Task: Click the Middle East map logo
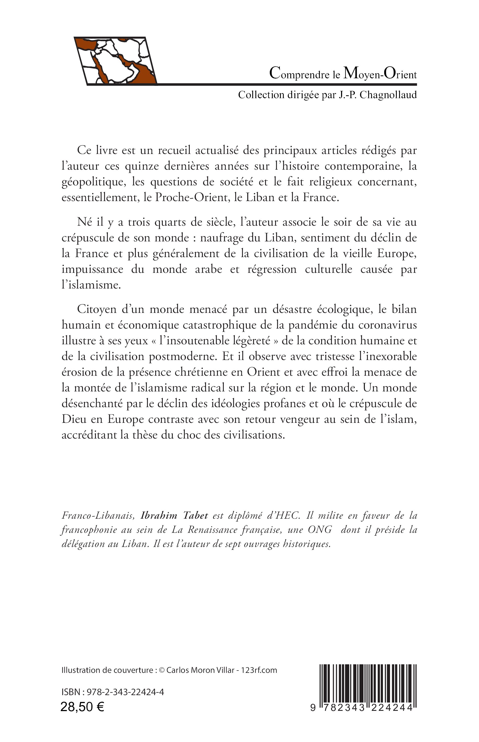tap(115, 61)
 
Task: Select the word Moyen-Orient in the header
tap(380, 74)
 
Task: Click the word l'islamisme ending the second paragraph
tap(91, 285)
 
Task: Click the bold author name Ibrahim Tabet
tap(174, 516)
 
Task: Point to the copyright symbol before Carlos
tap(161, 670)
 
